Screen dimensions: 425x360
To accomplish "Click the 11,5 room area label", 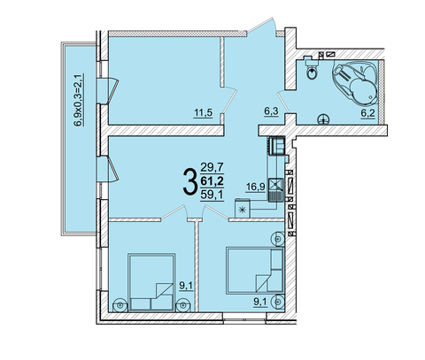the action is (203, 112).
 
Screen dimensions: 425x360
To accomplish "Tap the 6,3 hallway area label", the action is (271, 111).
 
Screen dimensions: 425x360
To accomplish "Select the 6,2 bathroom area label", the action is (367, 114).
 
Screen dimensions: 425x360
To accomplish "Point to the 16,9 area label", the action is (256, 187).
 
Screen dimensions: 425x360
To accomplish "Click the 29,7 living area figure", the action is (212, 167).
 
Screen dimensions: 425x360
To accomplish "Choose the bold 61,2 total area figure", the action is (212, 180).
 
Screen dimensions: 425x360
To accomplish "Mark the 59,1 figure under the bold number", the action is (212, 195).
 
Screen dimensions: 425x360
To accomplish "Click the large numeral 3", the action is (189, 181).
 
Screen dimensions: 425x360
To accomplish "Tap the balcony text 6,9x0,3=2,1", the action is (79, 100).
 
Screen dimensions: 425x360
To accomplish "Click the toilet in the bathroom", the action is (311, 68).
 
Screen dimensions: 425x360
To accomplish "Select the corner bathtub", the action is (356, 81).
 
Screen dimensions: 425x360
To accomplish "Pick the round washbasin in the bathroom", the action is (323, 119).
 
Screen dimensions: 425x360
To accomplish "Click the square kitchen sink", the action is (275, 185).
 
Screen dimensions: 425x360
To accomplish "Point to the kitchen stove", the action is (276, 146).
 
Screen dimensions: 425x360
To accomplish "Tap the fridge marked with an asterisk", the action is (243, 209).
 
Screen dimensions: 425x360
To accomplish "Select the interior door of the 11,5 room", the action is (229, 100).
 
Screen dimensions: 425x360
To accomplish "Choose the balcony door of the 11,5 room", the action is (108, 91).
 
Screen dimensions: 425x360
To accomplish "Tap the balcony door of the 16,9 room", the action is (108, 169).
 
